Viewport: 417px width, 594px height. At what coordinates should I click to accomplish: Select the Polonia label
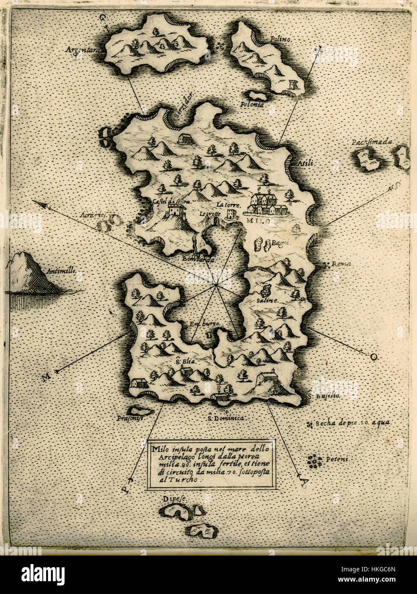click(252, 104)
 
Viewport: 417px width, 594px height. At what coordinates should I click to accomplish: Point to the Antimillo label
click(66, 271)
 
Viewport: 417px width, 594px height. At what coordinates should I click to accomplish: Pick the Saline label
click(267, 300)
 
